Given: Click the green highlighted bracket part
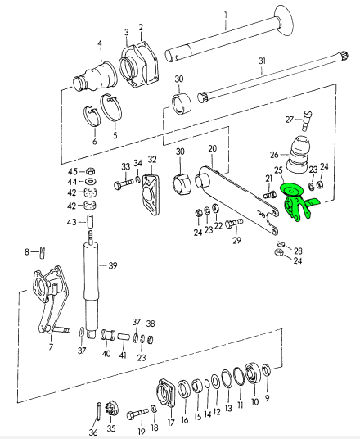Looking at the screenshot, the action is (295, 201).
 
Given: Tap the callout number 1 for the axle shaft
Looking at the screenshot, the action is (226, 20).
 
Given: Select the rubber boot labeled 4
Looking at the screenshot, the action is (95, 76).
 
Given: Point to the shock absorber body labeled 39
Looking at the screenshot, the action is (92, 286).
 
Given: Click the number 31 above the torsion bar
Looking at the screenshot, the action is (262, 61).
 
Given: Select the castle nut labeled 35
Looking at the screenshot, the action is (111, 410).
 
